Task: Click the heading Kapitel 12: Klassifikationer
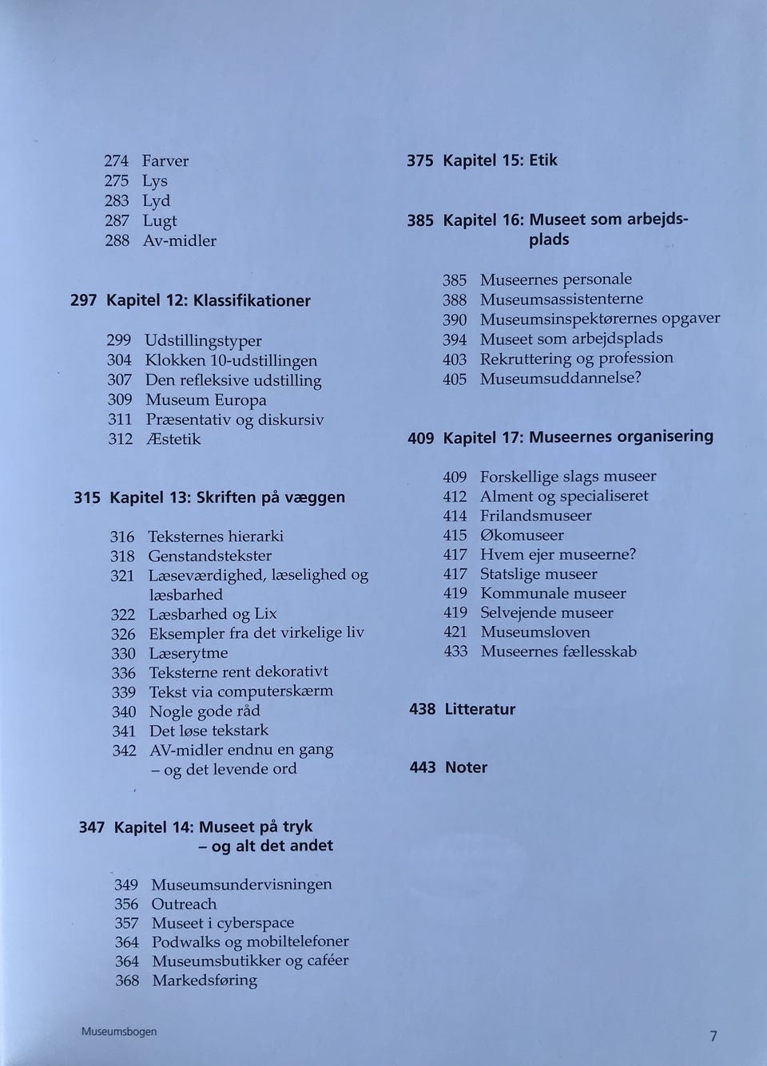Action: pos(209,301)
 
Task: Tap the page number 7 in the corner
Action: pos(713,1036)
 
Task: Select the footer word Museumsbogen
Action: pos(119,1031)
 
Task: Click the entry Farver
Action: pos(165,161)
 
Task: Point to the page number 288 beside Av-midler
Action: pos(117,240)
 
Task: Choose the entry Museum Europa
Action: pos(205,400)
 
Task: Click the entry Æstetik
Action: pos(173,439)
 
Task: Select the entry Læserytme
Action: pos(189,653)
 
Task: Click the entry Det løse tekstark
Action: pos(209,731)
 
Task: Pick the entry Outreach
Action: pos(184,904)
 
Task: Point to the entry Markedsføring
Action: pos(205,981)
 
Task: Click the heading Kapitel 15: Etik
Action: pos(500,160)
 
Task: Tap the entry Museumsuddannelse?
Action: pos(561,378)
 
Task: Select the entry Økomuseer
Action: pos(522,535)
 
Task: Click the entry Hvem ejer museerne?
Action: pos(558,554)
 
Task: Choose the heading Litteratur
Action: pos(479,709)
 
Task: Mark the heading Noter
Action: pos(466,767)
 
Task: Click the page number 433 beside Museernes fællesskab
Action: pos(455,652)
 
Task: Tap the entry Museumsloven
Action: pos(535,632)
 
